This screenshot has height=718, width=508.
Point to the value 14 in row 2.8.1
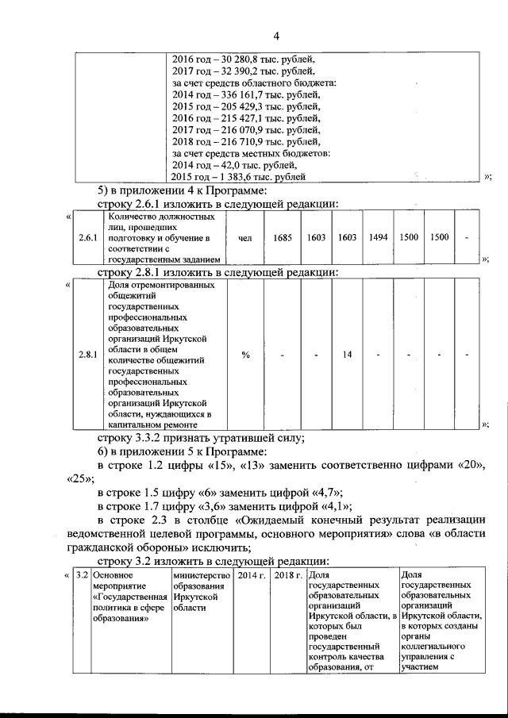coord(347,355)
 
